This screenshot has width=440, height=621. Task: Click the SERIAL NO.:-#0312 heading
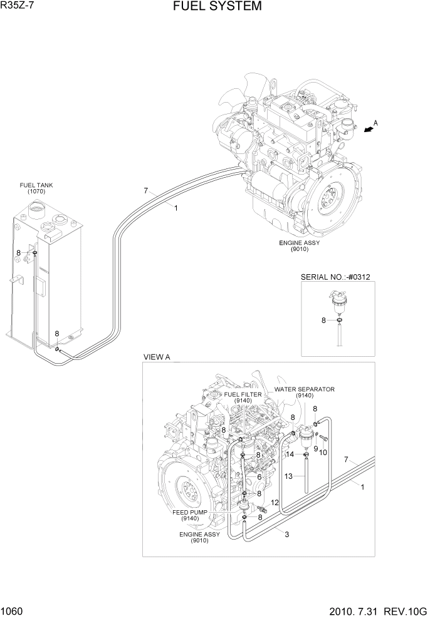pos(340,276)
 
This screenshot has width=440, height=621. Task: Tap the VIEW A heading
pos(157,356)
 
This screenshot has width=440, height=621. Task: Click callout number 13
pos(288,476)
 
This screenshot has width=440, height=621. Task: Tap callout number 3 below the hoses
pos(286,534)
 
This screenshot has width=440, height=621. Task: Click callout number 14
pos(290,454)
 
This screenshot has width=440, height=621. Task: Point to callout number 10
pos(324,453)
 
